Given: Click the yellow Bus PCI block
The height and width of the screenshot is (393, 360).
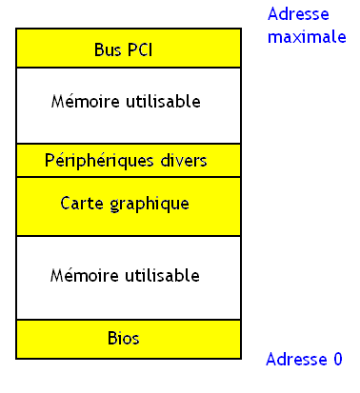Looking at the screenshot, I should click(128, 48).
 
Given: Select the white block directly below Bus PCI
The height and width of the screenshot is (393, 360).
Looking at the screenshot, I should click(128, 105).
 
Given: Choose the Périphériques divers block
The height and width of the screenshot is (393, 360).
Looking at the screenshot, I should click(128, 160).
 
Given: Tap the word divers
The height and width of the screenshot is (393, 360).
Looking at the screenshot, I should click(182, 160).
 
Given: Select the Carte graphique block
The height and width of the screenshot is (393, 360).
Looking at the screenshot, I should click(128, 206).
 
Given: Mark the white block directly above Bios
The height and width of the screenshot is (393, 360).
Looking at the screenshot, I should click(128, 278).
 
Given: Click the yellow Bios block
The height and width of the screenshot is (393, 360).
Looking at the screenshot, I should click(128, 340).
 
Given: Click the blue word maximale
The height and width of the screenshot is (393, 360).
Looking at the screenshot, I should click(306, 37).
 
